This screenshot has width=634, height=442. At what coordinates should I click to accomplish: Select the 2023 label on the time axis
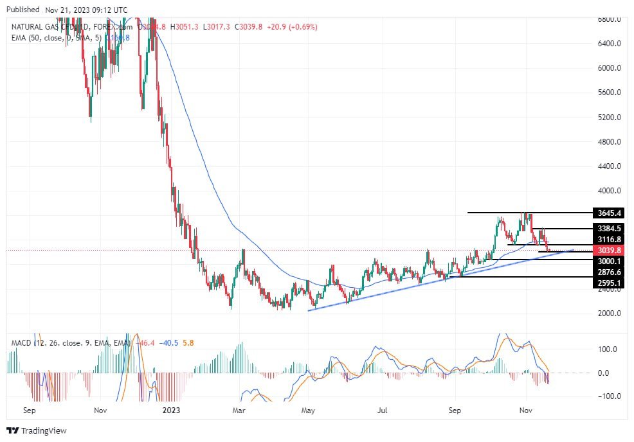(171, 409)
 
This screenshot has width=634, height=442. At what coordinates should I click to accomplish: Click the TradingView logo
(37, 430)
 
